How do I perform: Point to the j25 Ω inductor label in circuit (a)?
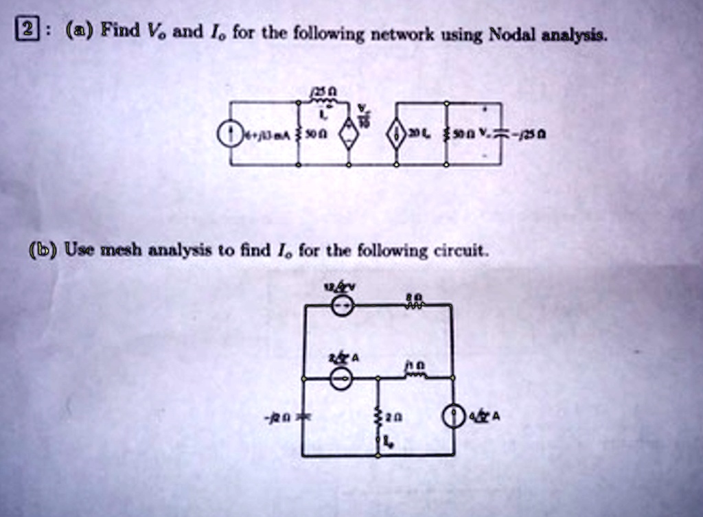322,92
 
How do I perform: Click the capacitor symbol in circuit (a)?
500,133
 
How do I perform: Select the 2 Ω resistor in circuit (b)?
378,417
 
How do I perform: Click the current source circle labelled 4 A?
453,416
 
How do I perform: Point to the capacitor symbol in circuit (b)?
303,417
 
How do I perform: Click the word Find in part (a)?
117,30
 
